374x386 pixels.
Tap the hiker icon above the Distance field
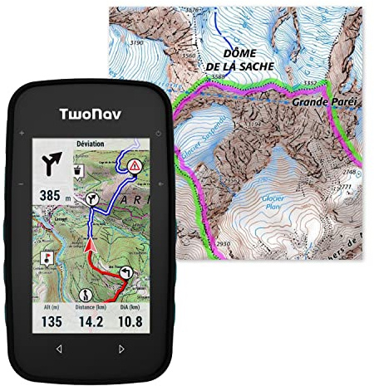pos(86,295)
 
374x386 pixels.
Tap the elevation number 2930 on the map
pos(222,244)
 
